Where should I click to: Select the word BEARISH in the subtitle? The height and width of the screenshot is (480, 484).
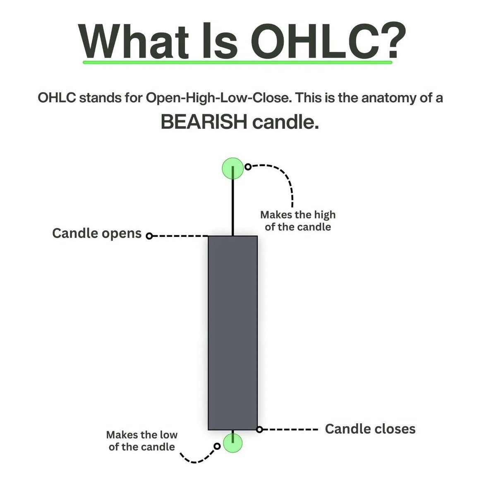click(204, 122)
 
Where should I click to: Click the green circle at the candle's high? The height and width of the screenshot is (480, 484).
click(233, 168)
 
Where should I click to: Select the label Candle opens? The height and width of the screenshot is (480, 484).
click(97, 233)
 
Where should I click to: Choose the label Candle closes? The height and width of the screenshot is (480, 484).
click(370, 429)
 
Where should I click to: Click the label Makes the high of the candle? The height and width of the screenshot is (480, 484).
click(298, 221)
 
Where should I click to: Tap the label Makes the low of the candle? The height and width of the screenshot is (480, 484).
click(141, 441)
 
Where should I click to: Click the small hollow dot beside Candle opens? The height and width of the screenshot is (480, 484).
click(150, 236)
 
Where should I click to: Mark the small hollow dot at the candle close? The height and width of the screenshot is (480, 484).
click(259, 429)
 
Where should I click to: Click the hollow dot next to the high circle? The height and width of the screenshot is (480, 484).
click(248, 166)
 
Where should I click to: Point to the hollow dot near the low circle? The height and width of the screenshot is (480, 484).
click(217, 446)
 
